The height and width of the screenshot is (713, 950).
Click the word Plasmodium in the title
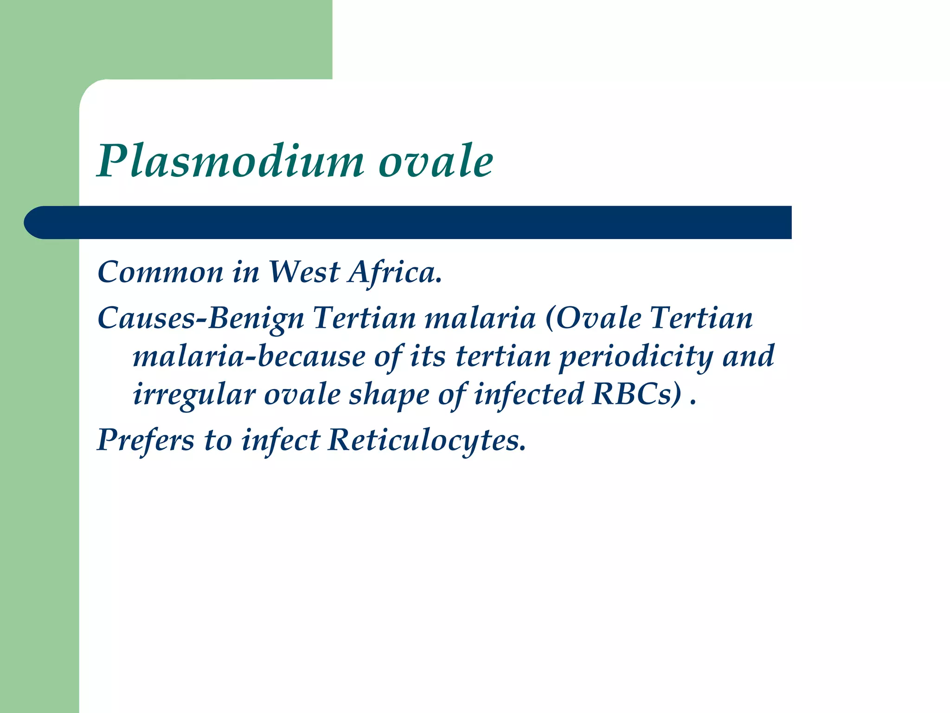click(x=231, y=161)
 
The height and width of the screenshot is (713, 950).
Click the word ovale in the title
click(x=436, y=161)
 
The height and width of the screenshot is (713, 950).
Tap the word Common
click(x=160, y=272)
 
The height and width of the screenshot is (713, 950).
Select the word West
click(x=304, y=272)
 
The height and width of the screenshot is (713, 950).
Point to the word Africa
click(x=395, y=272)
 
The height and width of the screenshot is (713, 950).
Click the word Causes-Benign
click(x=200, y=319)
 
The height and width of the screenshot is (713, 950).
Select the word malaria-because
click(x=249, y=356)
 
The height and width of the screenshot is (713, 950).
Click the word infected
click(x=528, y=395)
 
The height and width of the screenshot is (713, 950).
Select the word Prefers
click(x=146, y=440)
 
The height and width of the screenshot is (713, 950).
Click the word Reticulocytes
click(x=427, y=440)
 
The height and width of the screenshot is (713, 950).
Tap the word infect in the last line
click(x=280, y=440)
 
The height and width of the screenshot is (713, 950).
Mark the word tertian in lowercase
click(x=503, y=356)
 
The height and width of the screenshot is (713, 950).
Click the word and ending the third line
click(x=748, y=356)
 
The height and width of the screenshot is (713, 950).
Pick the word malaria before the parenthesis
click(x=480, y=319)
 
